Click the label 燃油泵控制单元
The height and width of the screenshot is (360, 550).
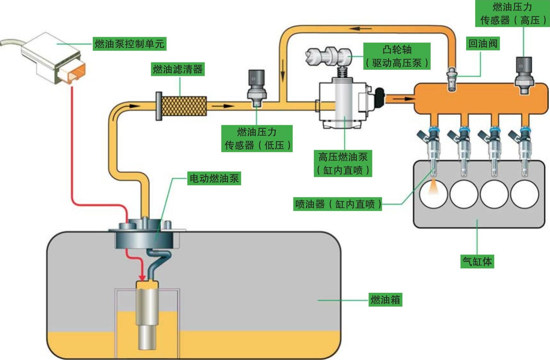(129, 44)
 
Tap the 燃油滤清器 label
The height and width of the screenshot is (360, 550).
(178, 69)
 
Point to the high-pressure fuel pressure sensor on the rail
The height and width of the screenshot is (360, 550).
(524, 75)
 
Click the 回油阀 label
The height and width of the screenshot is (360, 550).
(482, 44)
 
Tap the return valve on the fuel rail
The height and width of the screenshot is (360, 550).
(451, 78)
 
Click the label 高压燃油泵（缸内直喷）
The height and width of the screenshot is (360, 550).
(343, 164)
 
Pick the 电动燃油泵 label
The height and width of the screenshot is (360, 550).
(214, 178)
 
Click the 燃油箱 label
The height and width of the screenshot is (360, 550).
(385, 300)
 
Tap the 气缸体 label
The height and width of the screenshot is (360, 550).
(477, 261)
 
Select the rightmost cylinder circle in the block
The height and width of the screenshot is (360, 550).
(524, 194)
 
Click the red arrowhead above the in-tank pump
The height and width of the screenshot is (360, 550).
(142, 277)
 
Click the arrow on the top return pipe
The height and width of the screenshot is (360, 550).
(360, 28)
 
